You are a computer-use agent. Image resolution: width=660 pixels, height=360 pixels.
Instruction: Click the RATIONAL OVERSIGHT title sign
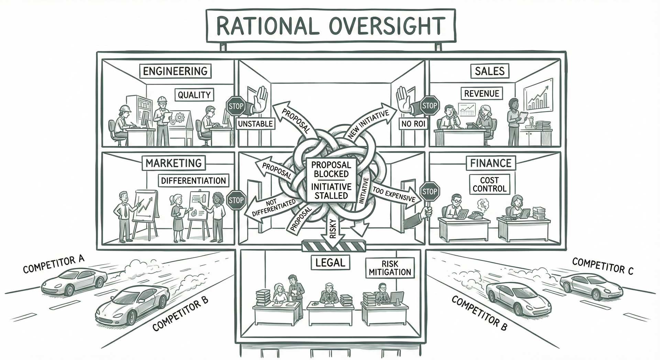point(330,26)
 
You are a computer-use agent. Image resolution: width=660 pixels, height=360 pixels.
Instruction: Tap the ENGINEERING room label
point(175,71)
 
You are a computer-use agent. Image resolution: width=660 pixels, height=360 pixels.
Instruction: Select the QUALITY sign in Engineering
point(194,95)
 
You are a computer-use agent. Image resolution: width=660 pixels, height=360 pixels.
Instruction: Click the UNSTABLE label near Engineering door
point(255,124)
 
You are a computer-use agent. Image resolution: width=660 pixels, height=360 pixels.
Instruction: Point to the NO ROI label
point(413,124)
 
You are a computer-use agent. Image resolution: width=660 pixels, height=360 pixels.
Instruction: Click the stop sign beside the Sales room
point(429,106)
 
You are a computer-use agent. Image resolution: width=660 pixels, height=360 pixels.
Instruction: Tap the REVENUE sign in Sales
point(482,94)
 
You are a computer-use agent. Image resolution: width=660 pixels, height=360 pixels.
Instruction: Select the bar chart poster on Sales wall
point(538,95)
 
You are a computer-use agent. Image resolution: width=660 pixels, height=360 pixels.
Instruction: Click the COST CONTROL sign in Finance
point(489,184)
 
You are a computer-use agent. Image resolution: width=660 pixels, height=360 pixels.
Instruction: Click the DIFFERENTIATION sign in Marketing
point(194,181)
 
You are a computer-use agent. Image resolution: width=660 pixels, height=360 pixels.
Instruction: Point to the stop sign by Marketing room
point(236,200)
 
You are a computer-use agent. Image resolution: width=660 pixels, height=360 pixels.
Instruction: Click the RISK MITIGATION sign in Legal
point(390,268)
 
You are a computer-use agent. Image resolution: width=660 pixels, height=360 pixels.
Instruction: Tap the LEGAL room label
point(330,263)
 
